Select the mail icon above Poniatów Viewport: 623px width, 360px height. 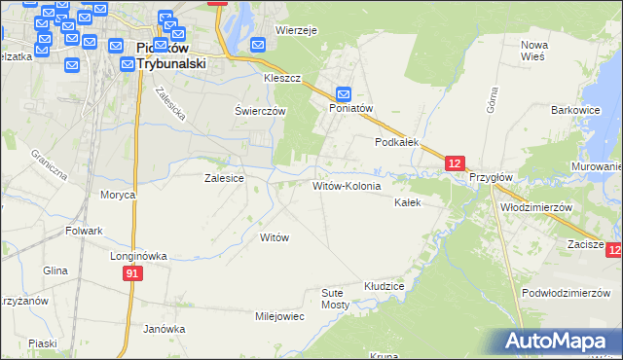pyautogui.click(x=344, y=93)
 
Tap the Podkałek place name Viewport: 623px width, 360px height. pyautogui.click(x=397, y=141)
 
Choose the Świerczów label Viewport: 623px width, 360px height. pyautogui.click(x=260, y=111)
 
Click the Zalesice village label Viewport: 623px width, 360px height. pyautogui.click(x=223, y=179)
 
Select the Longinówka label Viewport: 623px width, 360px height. pyautogui.click(x=138, y=256)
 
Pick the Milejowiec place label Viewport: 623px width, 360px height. pyautogui.click(x=279, y=316)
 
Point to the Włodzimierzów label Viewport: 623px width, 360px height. pyautogui.click(x=534, y=207)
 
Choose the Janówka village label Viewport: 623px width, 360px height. pyautogui.click(x=164, y=329)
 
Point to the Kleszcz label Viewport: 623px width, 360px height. pyautogui.click(x=282, y=77)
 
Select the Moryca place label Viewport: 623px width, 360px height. pyautogui.click(x=117, y=195)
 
